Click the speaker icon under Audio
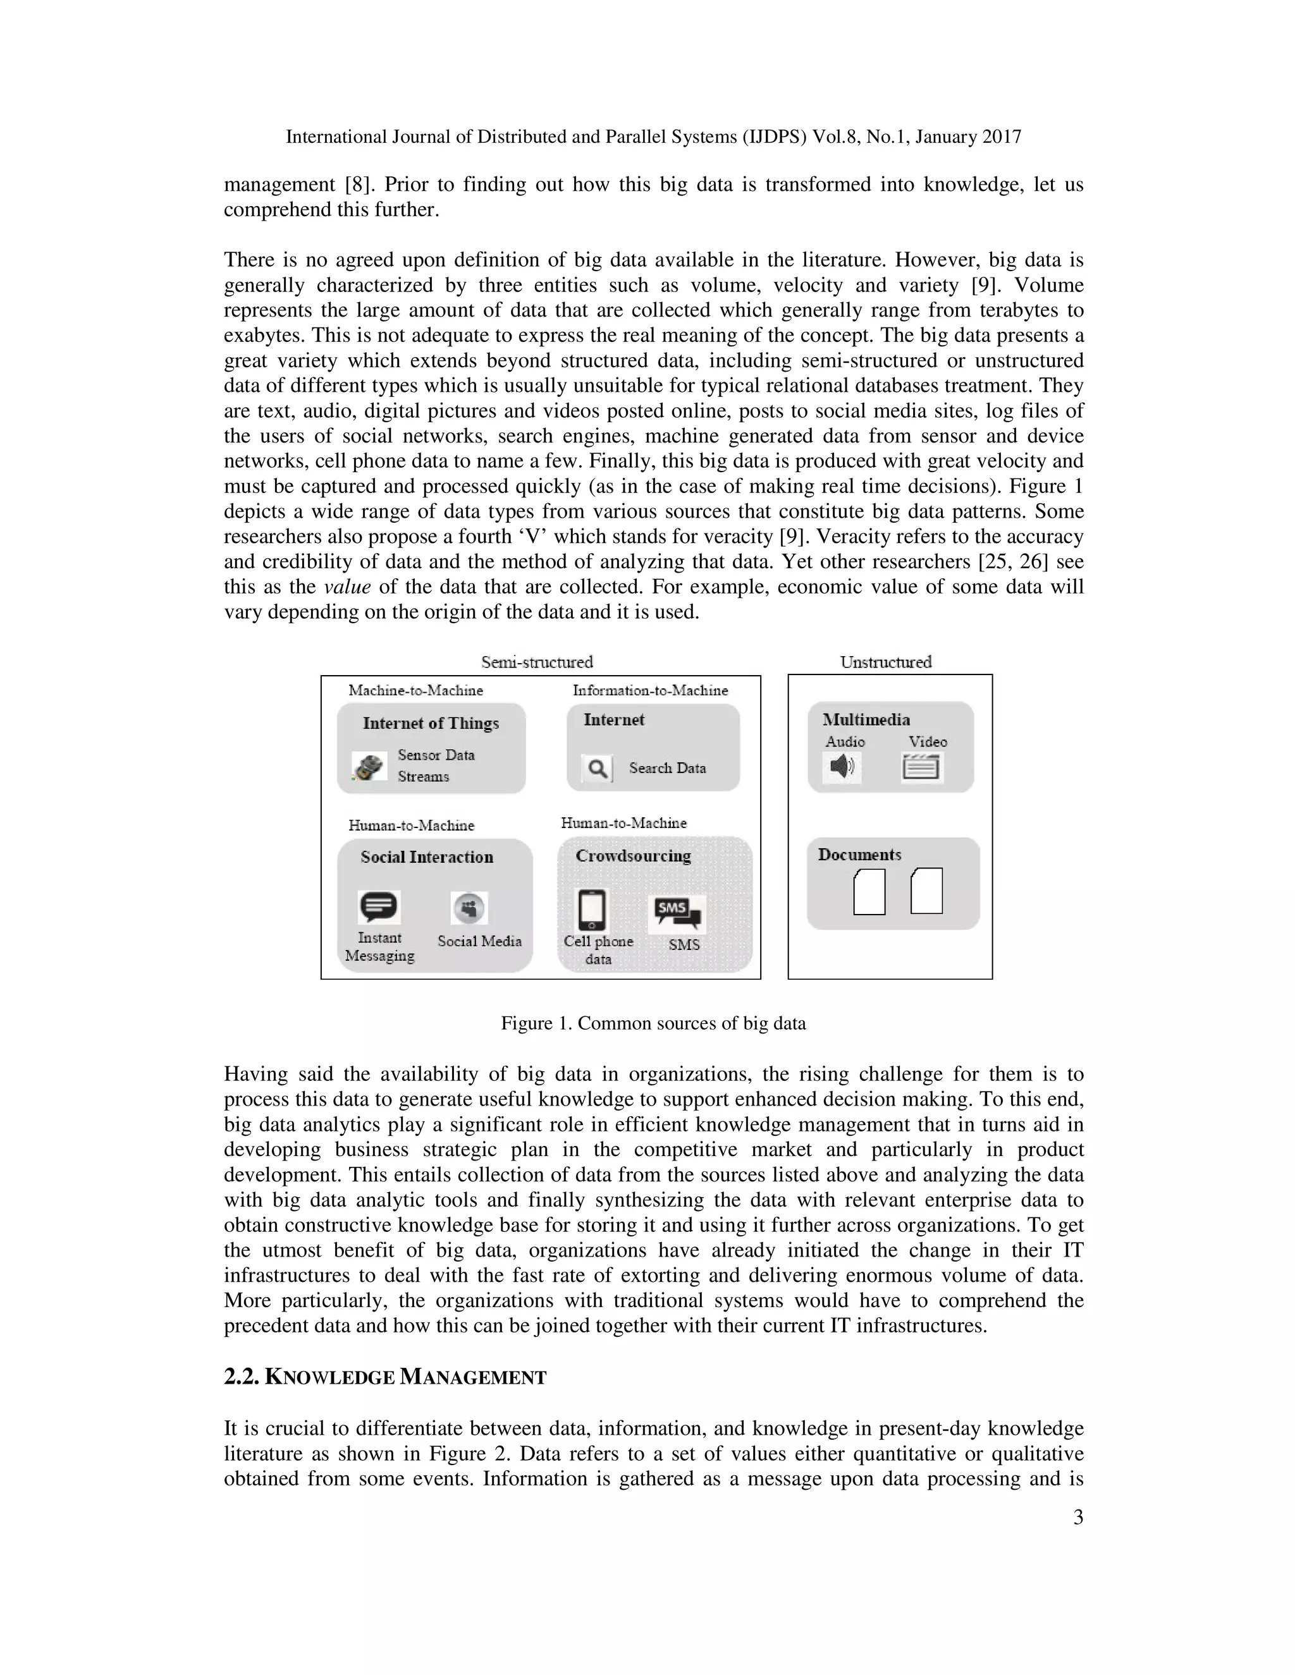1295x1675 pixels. (x=842, y=766)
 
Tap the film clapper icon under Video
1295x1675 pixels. (x=921, y=767)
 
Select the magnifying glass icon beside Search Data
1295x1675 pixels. (x=597, y=769)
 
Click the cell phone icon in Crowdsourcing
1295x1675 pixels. (x=591, y=910)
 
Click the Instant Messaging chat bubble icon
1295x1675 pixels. (x=379, y=907)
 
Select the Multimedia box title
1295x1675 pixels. (x=866, y=719)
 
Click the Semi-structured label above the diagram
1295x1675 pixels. (x=537, y=662)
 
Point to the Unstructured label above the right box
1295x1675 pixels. (x=885, y=662)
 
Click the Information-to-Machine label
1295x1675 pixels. (x=650, y=690)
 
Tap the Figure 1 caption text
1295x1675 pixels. (x=653, y=1024)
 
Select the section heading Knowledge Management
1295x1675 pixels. (x=385, y=1377)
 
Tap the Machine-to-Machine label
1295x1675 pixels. (x=416, y=690)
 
